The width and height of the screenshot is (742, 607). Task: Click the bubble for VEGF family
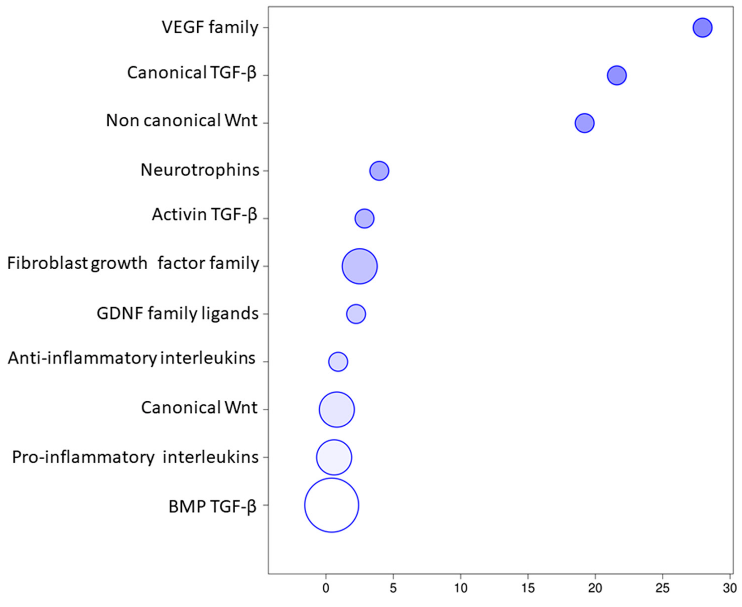pyautogui.click(x=702, y=28)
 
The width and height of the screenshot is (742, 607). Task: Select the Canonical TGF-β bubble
pyautogui.click(x=617, y=75)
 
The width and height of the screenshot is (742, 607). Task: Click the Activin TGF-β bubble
pyautogui.click(x=364, y=218)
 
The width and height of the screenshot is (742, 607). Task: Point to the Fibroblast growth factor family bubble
pyautogui.click(x=359, y=266)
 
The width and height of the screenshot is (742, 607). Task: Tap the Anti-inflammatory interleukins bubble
pyautogui.click(x=338, y=361)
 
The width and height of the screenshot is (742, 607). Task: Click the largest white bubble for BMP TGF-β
pyautogui.click(x=331, y=505)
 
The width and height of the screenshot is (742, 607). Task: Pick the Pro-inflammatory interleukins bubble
pyautogui.click(x=334, y=457)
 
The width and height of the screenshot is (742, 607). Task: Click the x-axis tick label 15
pyautogui.click(x=528, y=588)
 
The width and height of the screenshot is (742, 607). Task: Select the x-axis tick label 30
pyautogui.click(x=729, y=588)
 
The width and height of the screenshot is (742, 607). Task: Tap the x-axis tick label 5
pyautogui.click(x=393, y=588)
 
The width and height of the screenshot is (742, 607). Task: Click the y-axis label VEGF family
pyautogui.click(x=210, y=28)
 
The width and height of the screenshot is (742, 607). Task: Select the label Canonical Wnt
pyautogui.click(x=199, y=408)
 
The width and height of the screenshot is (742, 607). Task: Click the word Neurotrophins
pyautogui.click(x=200, y=170)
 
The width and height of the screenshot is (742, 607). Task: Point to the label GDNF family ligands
pyautogui.click(x=178, y=314)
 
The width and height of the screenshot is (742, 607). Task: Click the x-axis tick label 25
pyautogui.click(x=662, y=588)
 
